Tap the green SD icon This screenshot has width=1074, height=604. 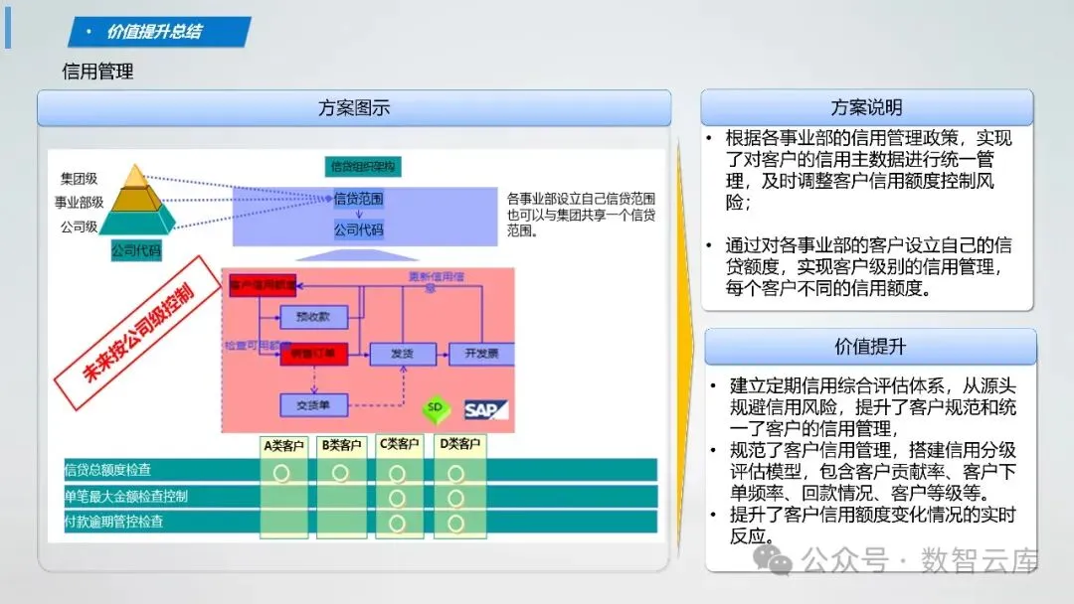(x=435, y=409)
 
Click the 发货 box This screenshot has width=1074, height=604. (x=402, y=354)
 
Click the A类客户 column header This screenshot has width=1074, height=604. (x=284, y=444)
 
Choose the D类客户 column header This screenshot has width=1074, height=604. (x=459, y=444)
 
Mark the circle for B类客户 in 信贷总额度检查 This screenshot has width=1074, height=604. (x=339, y=473)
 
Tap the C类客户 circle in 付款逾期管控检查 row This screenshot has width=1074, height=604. (x=398, y=523)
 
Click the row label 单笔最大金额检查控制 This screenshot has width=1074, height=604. (x=126, y=497)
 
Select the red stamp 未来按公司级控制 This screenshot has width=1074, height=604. (x=136, y=333)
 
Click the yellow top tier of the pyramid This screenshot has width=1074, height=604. (x=134, y=178)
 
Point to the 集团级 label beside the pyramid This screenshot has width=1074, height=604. (x=79, y=179)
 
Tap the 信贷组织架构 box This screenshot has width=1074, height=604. (x=363, y=167)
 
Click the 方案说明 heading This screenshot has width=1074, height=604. (x=866, y=108)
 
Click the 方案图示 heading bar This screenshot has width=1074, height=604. (x=354, y=108)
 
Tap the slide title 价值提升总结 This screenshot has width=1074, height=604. (x=154, y=32)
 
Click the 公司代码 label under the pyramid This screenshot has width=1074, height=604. (x=136, y=251)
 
